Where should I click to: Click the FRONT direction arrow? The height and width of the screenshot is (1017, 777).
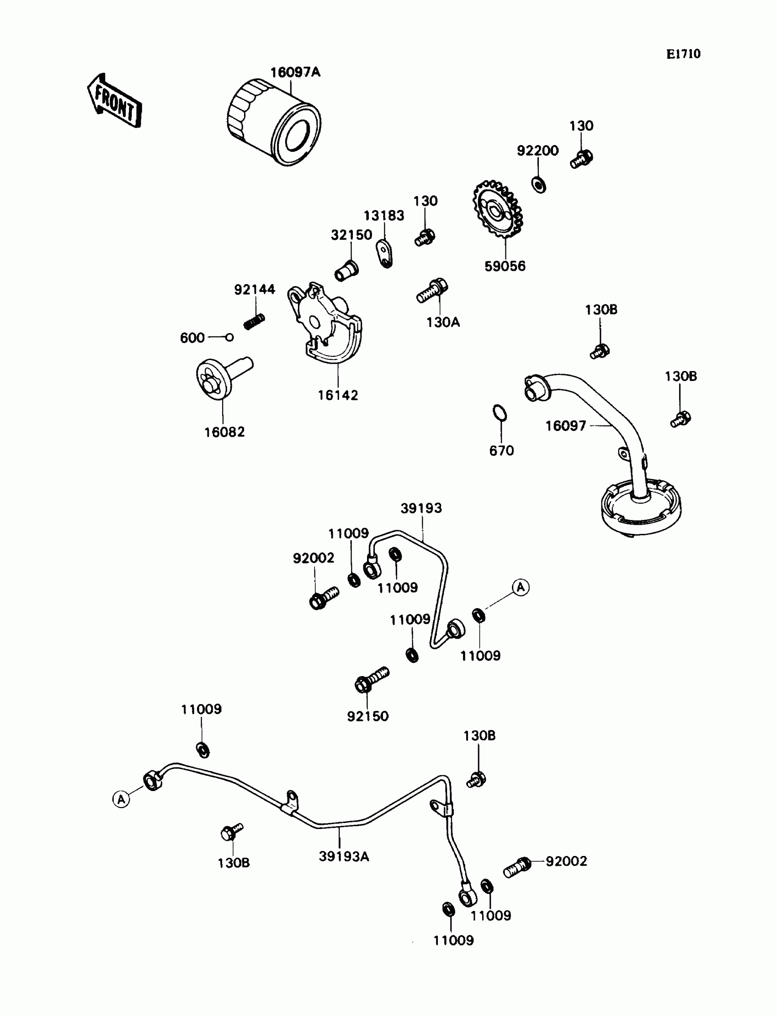(114, 101)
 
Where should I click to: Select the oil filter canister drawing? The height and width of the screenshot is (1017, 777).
(274, 123)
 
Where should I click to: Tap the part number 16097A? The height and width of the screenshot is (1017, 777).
(295, 73)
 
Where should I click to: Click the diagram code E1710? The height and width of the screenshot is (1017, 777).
(683, 54)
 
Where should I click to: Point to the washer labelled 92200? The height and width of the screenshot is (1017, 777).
(539, 185)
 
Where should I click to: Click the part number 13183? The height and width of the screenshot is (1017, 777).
(383, 216)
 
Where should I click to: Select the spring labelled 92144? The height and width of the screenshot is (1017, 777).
(254, 321)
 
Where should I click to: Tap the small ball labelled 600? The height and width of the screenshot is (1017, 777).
(229, 337)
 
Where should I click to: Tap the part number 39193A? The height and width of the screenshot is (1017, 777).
(344, 857)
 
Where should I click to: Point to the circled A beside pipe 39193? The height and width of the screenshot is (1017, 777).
(521, 587)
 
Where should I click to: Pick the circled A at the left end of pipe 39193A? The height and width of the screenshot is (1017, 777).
(121, 799)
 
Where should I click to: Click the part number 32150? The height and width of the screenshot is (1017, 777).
(351, 235)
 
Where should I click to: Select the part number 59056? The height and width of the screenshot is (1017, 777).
(505, 266)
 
